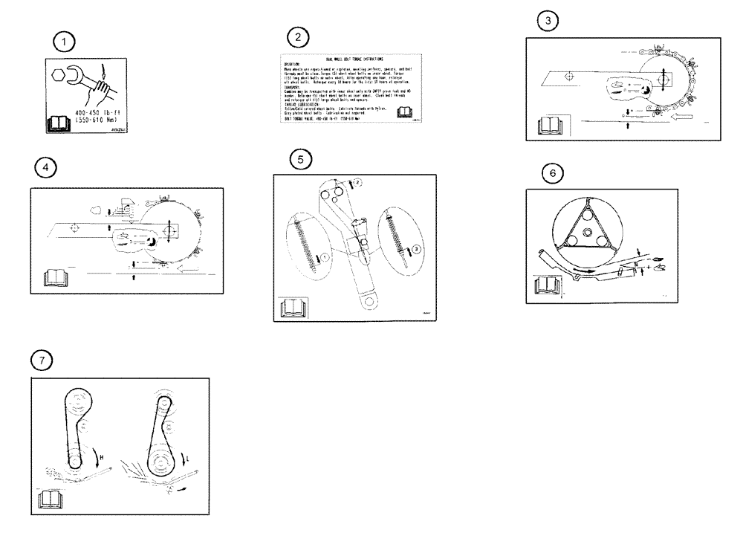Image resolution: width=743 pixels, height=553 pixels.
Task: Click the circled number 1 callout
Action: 68,42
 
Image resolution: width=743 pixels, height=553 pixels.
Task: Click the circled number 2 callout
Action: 298,37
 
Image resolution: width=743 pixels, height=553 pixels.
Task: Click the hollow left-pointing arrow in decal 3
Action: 681,117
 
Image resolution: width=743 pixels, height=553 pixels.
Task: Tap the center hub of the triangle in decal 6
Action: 588,235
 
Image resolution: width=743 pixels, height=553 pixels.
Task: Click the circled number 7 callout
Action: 45,360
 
